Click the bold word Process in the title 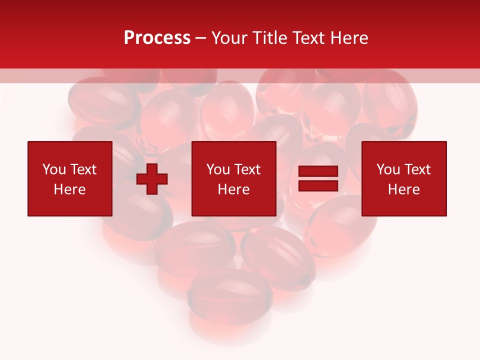pyautogui.click(x=157, y=38)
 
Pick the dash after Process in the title pyautogui.click(x=200, y=38)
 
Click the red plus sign pyautogui.click(x=151, y=178)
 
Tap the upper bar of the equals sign pyautogui.click(x=318, y=171)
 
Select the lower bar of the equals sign pyautogui.click(x=318, y=185)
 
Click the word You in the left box pyautogui.click(x=54, y=169)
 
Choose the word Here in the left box pyautogui.click(x=69, y=189)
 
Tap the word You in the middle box pyautogui.click(x=218, y=169)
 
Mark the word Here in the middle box pyautogui.click(x=233, y=189)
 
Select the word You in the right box pyautogui.click(x=388, y=169)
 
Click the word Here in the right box pyautogui.click(x=403, y=189)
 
